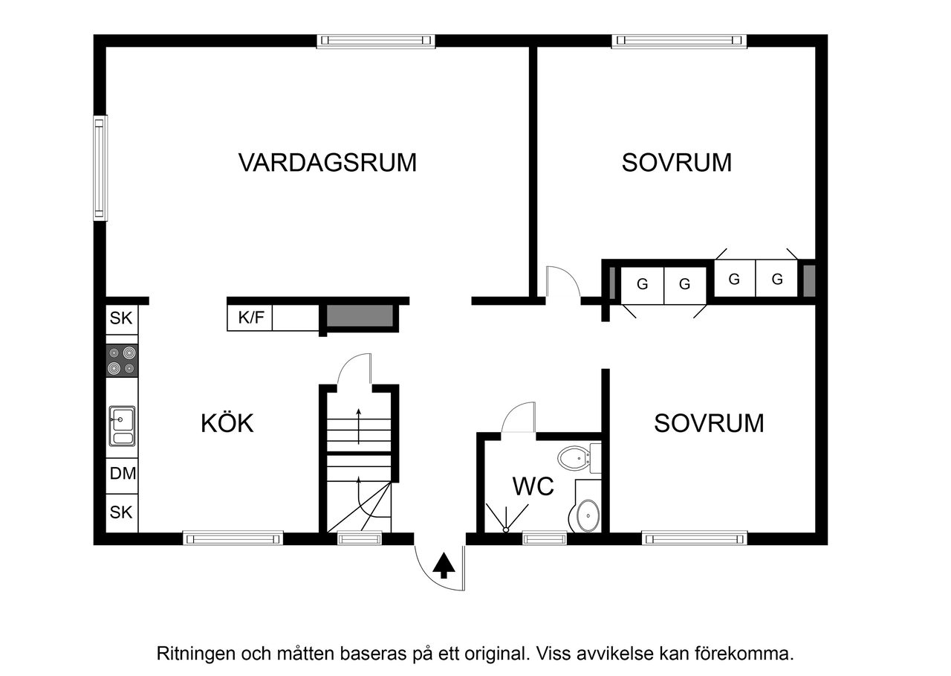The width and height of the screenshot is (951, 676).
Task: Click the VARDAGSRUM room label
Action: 327,162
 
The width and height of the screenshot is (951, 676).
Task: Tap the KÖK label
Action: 227,423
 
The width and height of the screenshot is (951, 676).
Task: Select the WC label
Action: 533,487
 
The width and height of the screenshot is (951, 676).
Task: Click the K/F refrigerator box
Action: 250,318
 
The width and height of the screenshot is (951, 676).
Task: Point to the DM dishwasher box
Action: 123,473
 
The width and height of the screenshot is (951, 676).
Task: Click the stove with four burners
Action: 122,361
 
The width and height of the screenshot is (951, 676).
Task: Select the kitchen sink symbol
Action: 123,425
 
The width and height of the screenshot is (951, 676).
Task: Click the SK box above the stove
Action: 121,318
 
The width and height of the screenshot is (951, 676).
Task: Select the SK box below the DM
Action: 121,512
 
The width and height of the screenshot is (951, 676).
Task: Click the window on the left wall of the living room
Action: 100,167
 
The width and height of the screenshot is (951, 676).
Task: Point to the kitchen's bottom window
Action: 233,538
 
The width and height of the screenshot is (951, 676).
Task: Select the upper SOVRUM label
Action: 676,162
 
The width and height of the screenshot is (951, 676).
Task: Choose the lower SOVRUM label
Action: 708,423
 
